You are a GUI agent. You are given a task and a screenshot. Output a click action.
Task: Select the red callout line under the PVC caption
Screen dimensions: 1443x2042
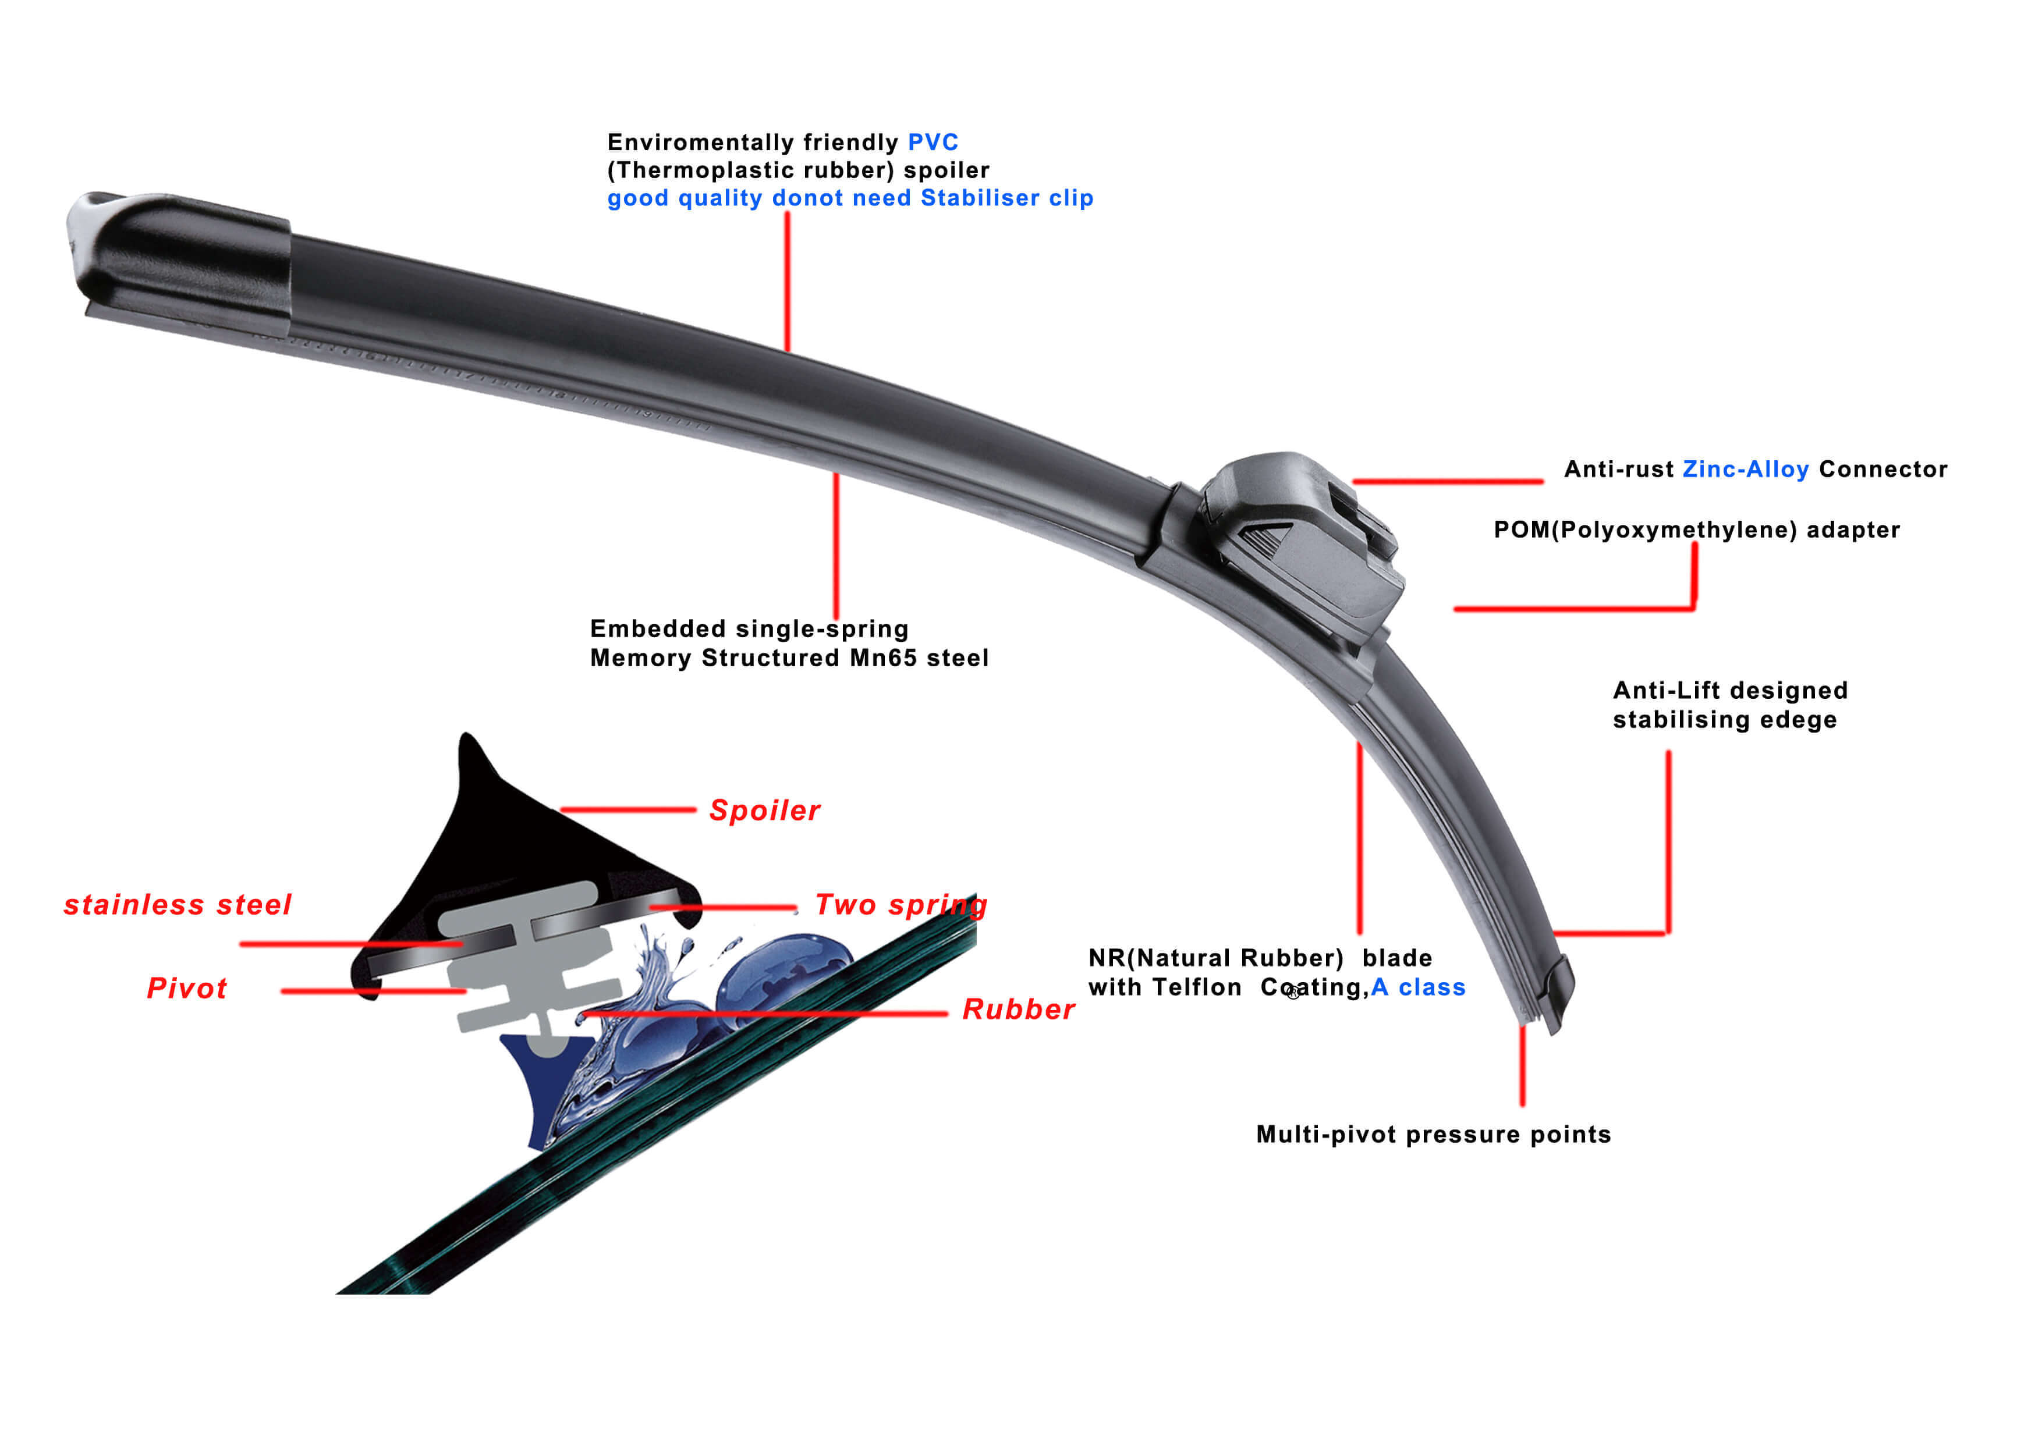[x=787, y=280]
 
